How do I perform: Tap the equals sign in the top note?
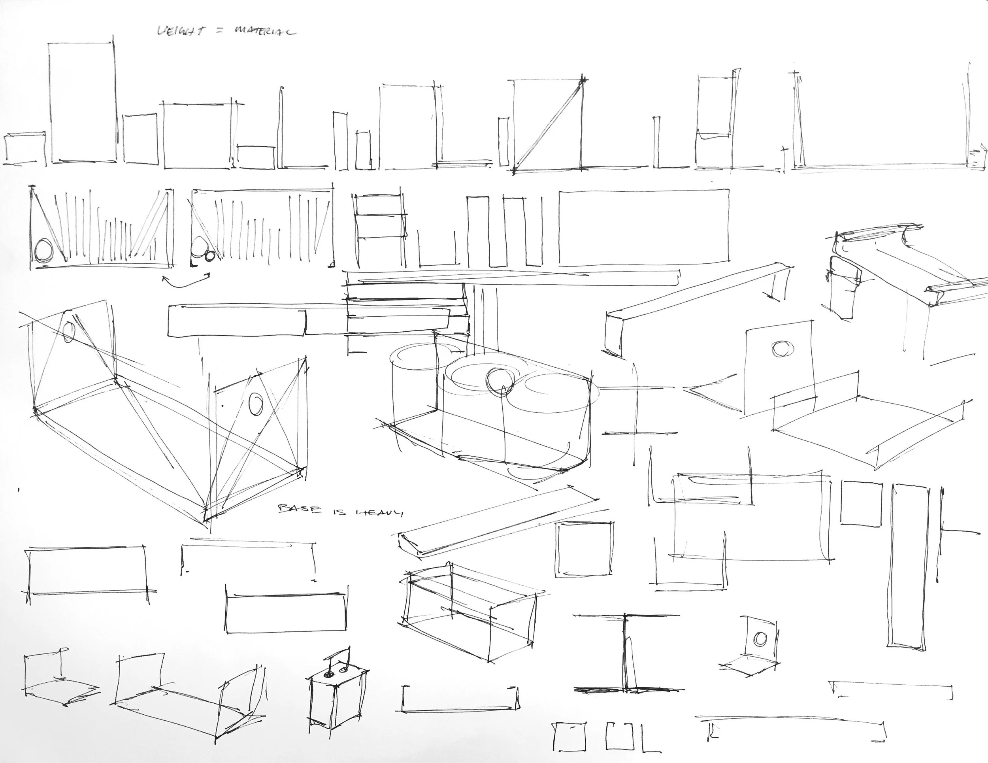(221, 32)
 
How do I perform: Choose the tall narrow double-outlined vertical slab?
(909, 568)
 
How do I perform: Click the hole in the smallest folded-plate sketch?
(760, 638)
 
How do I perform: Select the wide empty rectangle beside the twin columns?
(644, 227)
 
